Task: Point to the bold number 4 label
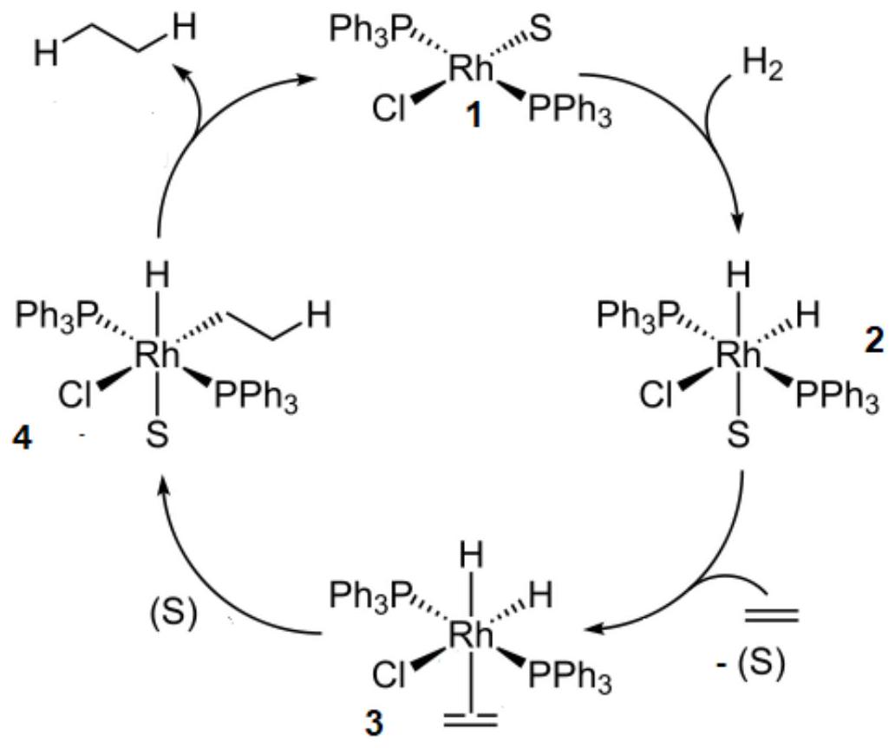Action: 22,439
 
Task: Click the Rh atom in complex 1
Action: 470,69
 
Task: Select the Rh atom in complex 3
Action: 470,634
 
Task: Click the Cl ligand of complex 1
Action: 389,108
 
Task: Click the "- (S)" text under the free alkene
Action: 752,664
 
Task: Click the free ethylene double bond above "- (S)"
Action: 772,615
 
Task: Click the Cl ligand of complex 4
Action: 75,395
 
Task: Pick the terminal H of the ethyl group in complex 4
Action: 318,315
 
